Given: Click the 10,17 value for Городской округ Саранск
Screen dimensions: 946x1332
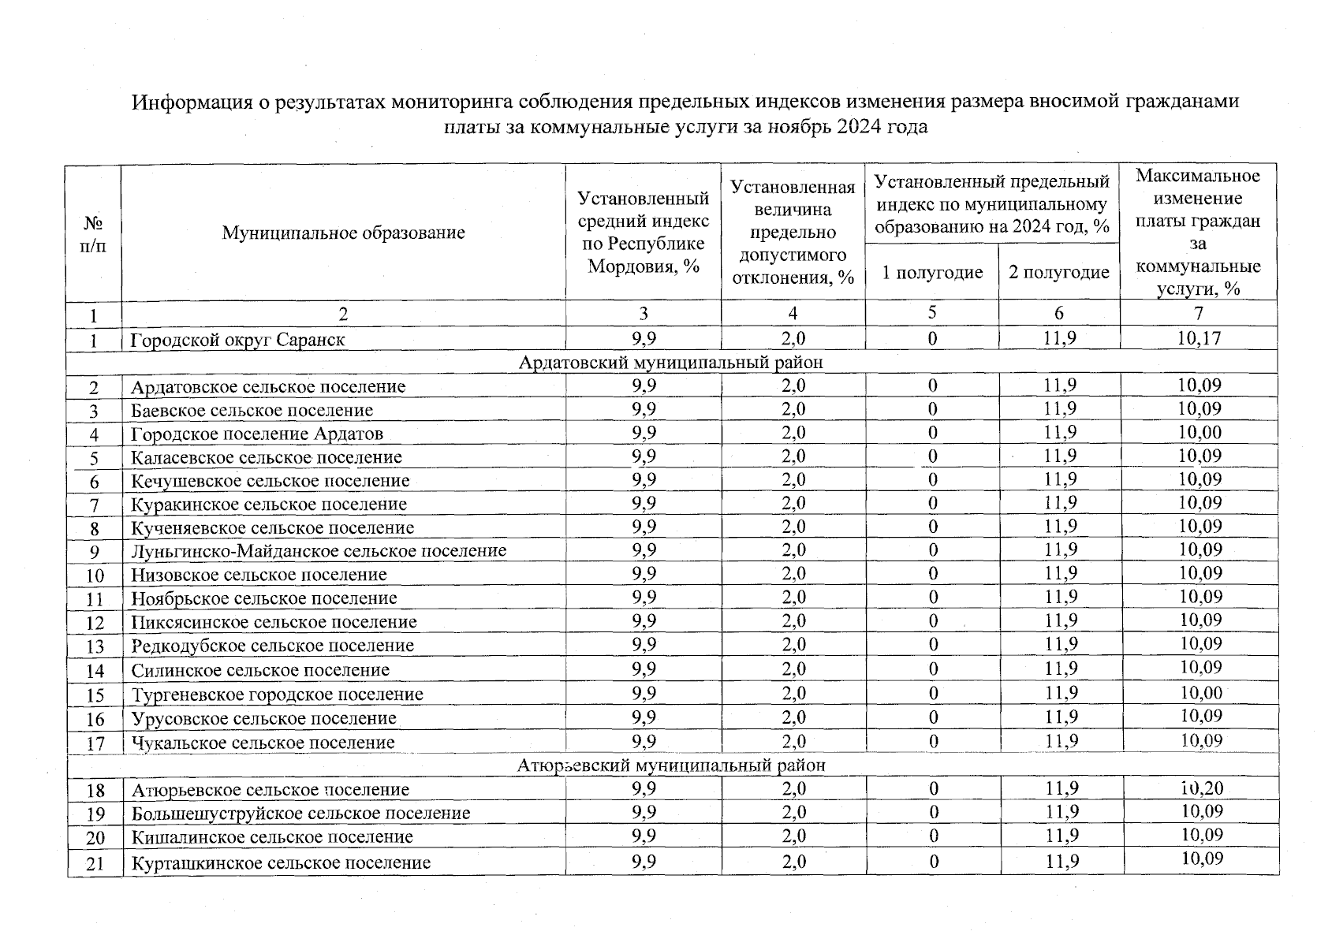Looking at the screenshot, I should (1198, 339).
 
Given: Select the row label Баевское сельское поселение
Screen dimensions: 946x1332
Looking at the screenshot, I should (252, 411).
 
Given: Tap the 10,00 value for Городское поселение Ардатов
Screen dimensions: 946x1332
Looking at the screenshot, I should (1199, 432).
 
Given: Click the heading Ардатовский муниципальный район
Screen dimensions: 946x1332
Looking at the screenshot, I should (671, 363).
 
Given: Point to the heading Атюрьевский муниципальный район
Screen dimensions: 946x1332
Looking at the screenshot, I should (671, 765).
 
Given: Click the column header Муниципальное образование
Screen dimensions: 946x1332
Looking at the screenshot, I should (343, 233).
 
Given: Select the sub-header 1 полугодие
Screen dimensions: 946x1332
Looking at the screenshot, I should (931, 273).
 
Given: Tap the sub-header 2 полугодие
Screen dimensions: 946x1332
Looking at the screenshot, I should (1058, 273).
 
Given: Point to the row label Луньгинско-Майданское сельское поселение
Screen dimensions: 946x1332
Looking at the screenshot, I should (319, 551).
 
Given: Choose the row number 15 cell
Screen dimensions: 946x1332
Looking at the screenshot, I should (95, 695).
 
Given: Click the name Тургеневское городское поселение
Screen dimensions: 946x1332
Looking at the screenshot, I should (277, 695).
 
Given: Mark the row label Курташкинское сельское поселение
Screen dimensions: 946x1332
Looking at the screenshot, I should (281, 862).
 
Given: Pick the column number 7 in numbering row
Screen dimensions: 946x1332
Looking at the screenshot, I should (1198, 313).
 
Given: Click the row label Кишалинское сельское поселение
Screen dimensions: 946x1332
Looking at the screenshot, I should (272, 837).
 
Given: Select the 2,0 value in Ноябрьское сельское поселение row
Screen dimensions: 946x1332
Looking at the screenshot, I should (793, 597).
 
